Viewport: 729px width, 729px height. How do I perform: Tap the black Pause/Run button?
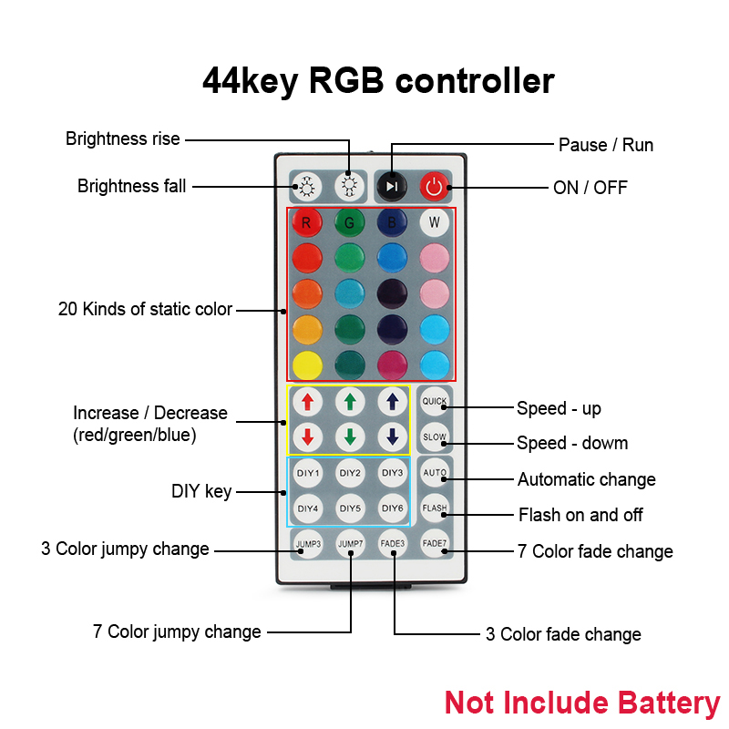pyautogui.click(x=392, y=187)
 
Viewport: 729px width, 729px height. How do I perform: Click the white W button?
pyautogui.click(x=435, y=222)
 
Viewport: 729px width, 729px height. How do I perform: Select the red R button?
pyautogui.click(x=307, y=222)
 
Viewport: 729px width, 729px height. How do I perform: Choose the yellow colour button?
pyautogui.click(x=307, y=364)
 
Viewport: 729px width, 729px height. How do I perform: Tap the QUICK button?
pyautogui.click(x=435, y=401)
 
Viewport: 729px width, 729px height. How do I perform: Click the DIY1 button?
pyautogui.click(x=308, y=473)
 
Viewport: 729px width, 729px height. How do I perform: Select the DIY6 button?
pyautogui.click(x=392, y=508)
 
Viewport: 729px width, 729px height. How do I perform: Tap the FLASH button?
pyautogui.click(x=435, y=508)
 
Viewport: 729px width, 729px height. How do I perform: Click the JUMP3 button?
pyautogui.click(x=308, y=544)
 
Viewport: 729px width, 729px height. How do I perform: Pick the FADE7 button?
pyautogui.click(x=435, y=543)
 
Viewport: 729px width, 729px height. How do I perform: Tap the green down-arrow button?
pyautogui.click(x=350, y=436)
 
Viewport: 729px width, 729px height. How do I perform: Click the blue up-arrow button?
pyautogui.click(x=392, y=401)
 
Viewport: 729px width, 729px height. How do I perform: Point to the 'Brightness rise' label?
pyautogui.click(x=123, y=139)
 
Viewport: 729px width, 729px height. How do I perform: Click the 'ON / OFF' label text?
pyautogui.click(x=590, y=188)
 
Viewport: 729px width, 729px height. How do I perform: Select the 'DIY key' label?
pyautogui.click(x=201, y=492)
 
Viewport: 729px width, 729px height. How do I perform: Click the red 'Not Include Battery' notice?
pyautogui.click(x=581, y=703)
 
